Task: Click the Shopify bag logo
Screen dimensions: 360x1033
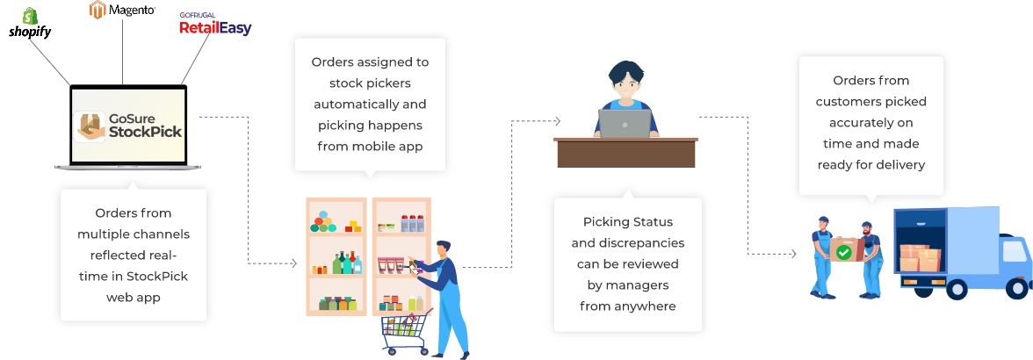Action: [x=29, y=16]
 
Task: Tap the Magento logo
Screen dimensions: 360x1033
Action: [x=122, y=10]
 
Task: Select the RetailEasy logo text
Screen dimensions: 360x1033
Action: [x=215, y=27]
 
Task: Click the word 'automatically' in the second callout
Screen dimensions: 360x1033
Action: [x=371, y=105]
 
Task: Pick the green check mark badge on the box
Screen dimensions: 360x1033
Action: [x=843, y=252]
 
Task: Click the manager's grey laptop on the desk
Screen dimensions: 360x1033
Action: [x=625, y=123]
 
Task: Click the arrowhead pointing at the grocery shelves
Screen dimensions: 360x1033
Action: [x=293, y=263]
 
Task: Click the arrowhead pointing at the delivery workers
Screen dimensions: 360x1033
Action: [x=793, y=254]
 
